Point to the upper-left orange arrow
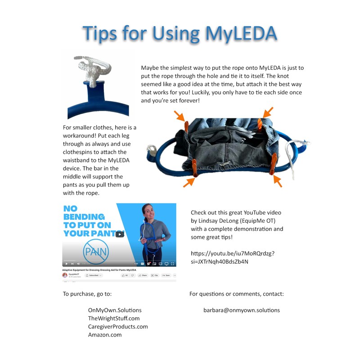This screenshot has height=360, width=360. click(180, 116)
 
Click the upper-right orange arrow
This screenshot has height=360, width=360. click(267, 112)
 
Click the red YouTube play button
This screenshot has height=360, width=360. click(119, 234)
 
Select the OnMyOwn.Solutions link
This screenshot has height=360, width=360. click(115, 310)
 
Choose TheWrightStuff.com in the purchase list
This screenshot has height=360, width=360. click(114, 318)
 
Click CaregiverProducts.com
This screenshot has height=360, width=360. click(118, 326)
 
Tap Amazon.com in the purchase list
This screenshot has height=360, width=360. click(105, 334)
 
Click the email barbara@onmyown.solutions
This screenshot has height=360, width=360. click(242, 310)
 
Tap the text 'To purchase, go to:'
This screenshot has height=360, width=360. click(87, 294)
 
